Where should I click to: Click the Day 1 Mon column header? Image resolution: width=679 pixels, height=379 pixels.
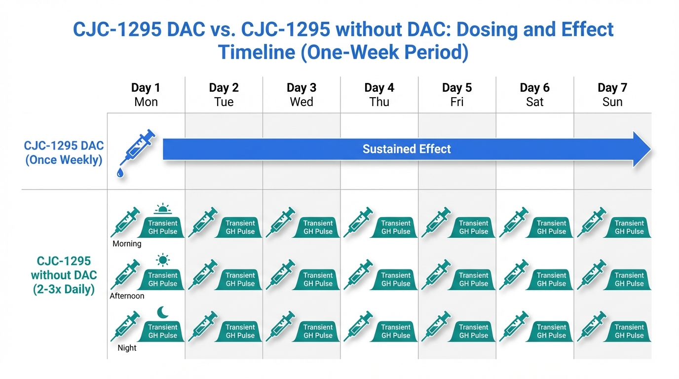pos(146,95)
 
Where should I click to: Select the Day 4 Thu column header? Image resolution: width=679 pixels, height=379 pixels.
pos(379,95)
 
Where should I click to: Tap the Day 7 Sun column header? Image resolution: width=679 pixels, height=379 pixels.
pos(612,95)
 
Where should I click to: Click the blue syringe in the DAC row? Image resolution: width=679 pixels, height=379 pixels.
pos(138,148)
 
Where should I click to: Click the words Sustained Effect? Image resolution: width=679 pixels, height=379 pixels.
pos(407,149)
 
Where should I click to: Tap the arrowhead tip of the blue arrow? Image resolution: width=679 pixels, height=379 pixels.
pos(650,149)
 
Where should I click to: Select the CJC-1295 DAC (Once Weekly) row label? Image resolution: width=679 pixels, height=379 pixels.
pos(64,153)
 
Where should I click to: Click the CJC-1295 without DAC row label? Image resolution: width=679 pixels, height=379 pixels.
pos(64,275)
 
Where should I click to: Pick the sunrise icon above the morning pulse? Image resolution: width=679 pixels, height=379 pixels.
pos(163,209)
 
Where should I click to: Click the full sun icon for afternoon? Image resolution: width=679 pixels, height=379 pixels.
pos(163,260)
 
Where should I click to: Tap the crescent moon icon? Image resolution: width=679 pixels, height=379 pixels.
pos(163,312)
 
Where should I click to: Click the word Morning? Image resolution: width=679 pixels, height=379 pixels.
pos(127,244)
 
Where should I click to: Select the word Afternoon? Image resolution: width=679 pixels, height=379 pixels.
pos(127,296)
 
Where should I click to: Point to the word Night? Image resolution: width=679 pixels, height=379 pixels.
pos(127,348)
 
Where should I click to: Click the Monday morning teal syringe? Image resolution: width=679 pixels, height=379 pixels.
pos(125,222)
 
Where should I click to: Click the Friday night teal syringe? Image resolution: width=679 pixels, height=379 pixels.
pos(436,326)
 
